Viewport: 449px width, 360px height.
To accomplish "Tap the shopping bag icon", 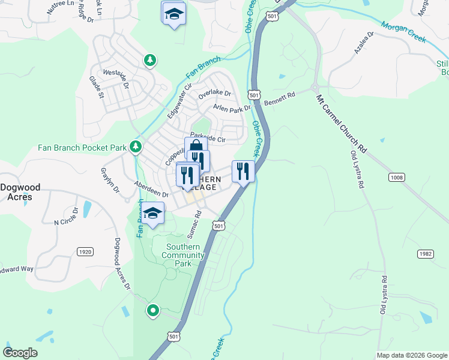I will click(196, 148).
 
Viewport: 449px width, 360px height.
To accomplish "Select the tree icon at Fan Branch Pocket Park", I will click(136, 146).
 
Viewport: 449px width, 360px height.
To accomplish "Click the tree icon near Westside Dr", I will click(149, 60).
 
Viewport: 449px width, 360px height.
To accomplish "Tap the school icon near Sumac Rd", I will click(152, 214).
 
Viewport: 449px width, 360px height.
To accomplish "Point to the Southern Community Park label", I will click(182, 255).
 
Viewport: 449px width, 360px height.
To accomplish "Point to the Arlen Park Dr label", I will click(231, 108).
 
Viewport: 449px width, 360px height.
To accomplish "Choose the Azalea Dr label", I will click(364, 44).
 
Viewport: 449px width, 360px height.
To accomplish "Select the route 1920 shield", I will click(85, 252).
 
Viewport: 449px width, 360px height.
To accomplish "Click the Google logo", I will click(20, 353).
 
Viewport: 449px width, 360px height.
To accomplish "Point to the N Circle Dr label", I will click(67, 217).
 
